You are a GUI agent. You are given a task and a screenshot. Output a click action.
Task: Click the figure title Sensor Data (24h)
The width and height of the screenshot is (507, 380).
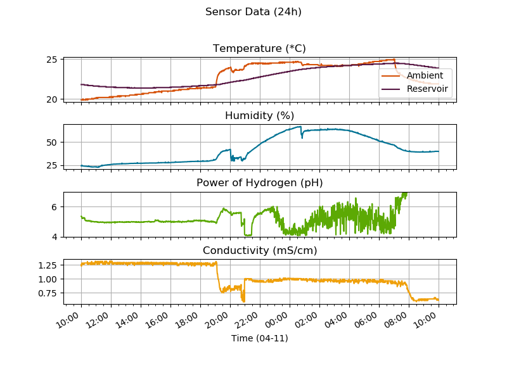pos(253,12)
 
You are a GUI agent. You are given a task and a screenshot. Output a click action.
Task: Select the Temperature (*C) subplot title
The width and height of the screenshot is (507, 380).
pos(259,49)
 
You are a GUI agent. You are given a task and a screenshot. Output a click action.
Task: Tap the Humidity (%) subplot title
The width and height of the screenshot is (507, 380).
pos(259,115)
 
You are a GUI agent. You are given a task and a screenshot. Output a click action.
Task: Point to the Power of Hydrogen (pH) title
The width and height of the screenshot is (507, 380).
pos(259,183)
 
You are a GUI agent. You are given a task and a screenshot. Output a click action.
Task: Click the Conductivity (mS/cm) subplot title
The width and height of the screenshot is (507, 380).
pos(259,250)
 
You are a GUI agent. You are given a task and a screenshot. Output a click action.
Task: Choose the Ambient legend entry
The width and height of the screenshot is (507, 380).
pos(424,75)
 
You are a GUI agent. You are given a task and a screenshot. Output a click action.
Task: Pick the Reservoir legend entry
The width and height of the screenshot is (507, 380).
pos(427,89)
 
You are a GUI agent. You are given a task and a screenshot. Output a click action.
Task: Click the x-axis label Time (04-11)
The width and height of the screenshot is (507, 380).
pos(259,338)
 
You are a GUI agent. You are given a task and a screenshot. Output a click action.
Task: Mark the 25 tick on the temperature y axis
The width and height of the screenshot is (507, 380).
pos(52,60)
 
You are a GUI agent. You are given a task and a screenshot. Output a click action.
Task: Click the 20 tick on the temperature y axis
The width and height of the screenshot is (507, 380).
pos(52,99)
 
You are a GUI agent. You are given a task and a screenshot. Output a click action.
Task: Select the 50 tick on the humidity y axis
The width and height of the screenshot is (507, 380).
pos(52,142)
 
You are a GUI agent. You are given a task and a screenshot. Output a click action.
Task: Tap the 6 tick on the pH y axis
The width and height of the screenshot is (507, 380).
pos(55,207)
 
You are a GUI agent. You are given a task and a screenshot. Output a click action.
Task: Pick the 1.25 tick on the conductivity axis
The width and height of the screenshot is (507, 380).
pos(48,265)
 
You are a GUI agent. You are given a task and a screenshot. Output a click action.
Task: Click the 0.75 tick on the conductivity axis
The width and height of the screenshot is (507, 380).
pos(48,293)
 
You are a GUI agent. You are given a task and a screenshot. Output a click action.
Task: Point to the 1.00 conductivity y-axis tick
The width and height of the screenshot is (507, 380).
pos(48,279)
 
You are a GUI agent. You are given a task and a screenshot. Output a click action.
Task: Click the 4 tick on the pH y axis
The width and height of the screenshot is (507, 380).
pos(55,237)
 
